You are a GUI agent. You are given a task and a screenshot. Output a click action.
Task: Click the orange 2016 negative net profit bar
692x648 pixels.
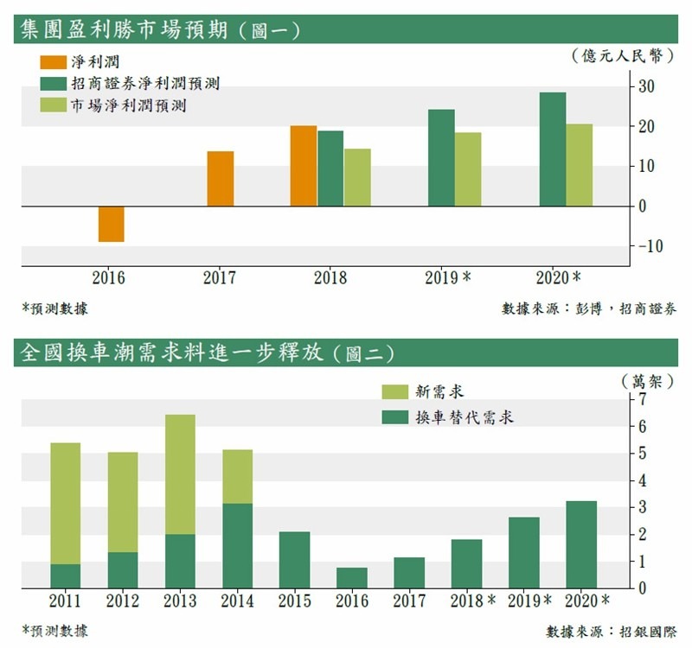tap(111, 224)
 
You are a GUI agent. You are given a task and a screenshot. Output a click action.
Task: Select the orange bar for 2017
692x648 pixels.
tap(220, 179)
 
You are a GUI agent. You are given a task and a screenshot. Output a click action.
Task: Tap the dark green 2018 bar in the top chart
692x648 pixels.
tap(330, 168)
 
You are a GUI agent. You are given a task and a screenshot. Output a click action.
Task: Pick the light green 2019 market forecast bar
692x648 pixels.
tap(468, 169)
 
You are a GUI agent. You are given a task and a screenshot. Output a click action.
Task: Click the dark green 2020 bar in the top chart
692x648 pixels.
tap(552, 149)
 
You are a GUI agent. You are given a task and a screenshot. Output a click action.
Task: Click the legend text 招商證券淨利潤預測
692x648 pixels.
tap(145, 85)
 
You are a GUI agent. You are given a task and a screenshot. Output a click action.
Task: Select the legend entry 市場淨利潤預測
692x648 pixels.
tap(129, 106)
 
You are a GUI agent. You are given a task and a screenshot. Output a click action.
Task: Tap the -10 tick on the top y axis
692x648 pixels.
tap(650, 246)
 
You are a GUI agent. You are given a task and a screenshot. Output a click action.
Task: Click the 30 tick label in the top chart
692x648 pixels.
tap(647, 86)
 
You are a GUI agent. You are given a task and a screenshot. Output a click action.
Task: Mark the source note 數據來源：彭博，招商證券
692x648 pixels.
tap(589, 308)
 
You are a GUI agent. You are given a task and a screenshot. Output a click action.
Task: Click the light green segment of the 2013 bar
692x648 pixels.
tap(180, 474)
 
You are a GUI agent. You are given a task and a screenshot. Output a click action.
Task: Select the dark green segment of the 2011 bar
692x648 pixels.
tap(66, 575)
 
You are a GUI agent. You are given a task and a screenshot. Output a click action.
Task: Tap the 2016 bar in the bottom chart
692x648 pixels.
tap(350, 577)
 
